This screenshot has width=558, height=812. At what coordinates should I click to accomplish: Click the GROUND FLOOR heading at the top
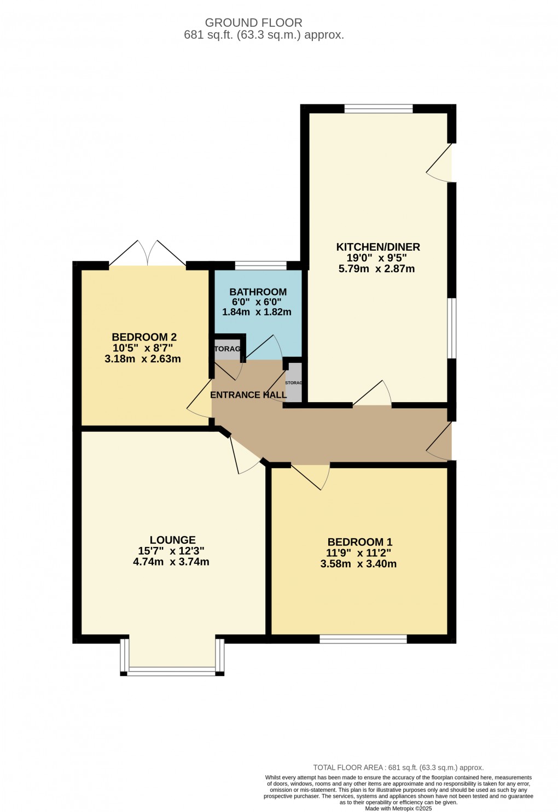coord(253,23)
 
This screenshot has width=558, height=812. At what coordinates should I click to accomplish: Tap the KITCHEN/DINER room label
coord(377,247)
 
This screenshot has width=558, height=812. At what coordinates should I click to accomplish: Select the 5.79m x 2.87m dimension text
coord(377,269)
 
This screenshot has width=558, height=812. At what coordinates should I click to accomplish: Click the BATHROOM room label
coord(258,292)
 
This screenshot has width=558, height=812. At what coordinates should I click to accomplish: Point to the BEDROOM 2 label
coord(144,337)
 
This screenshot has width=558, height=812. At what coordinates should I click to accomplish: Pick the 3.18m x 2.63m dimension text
coord(142,359)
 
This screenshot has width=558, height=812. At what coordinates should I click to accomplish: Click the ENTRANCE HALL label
coord(248,395)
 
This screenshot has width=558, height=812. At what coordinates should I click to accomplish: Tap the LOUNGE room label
coord(172,540)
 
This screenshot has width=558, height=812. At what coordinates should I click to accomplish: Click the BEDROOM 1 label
coord(359,542)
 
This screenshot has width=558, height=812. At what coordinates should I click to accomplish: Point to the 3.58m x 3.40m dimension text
coord(358,564)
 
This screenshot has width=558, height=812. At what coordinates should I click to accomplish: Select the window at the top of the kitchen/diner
coord(378,108)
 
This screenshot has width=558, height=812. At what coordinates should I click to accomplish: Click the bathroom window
coord(260,266)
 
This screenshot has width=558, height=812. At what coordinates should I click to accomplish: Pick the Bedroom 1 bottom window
coord(363,639)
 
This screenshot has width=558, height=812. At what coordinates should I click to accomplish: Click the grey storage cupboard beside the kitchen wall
coord(294,383)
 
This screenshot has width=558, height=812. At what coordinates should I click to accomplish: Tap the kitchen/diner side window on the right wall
coord(452,328)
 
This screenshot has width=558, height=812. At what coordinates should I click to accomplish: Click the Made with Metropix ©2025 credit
coord(398,808)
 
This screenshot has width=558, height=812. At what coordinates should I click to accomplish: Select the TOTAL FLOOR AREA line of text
coord(398,767)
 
